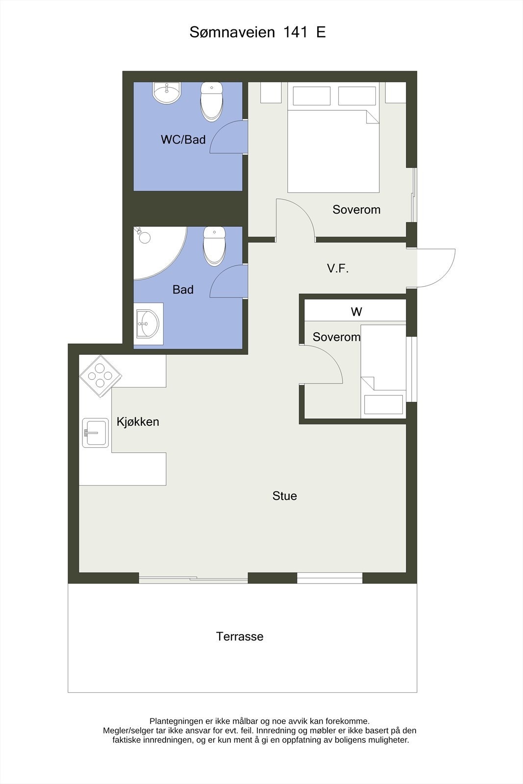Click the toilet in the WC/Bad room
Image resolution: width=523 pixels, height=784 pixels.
pyautogui.click(x=212, y=101)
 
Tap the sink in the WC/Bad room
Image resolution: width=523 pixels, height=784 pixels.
pyautogui.click(x=167, y=93)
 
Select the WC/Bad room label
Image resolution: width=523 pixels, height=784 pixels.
pyautogui.click(x=183, y=140)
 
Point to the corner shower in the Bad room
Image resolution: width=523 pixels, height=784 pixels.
pyautogui.click(x=157, y=251)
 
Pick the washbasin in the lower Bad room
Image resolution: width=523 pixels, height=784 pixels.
pyautogui.click(x=148, y=323)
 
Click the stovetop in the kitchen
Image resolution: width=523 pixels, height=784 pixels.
pyautogui.click(x=100, y=376)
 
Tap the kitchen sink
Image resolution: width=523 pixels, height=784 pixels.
pyautogui.click(x=95, y=433)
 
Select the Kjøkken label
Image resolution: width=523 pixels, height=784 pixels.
pyautogui.click(x=138, y=422)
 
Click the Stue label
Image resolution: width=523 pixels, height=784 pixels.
pyautogui.click(x=285, y=496)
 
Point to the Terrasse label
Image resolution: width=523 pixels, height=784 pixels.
pyautogui.click(x=240, y=637)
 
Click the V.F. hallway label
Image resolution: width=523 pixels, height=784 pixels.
pyautogui.click(x=338, y=269)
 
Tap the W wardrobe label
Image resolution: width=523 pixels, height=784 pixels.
pyautogui.click(x=356, y=312)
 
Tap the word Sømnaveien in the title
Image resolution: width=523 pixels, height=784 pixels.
pyautogui.click(x=232, y=32)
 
